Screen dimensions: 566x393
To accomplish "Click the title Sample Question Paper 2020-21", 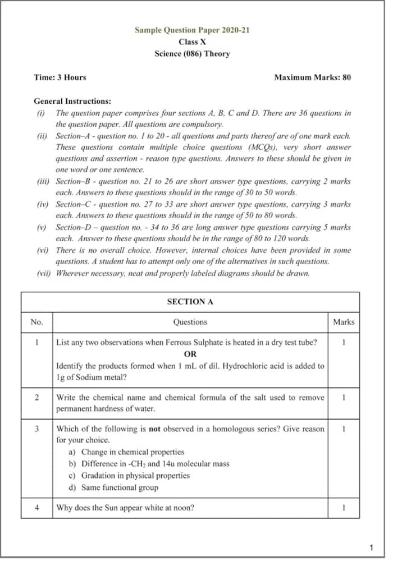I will pyautogui.click(x=192, y=30).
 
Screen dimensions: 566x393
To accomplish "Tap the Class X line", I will pyautogui.click(x=192, y=42).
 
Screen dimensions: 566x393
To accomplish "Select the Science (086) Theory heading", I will pyautogui.click(x=192, y=54).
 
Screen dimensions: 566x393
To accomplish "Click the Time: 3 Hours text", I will pyautogui.click(x=60, y=77).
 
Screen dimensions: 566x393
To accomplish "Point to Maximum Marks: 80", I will pyautogui.click(x=312, y=77).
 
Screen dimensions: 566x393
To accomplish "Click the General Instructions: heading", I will pyautogui.click(x=72, y=102).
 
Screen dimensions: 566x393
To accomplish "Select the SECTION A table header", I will pyautogui.click(x=190, y=302).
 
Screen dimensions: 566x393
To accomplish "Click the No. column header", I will pyautogui.click(x=36, y=322).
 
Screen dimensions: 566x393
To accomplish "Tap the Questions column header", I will pyautogui.click(x=190, y=322).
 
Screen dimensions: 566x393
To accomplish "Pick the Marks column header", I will pyautogui.click(x=343, y=322).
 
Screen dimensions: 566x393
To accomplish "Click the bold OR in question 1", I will pyautogui.click(x=190, y=354).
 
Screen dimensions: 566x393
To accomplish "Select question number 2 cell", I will pyautogui.click(x=36, y=397).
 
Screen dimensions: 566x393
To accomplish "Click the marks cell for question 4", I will pyautogui.click(x=343, y=508).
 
